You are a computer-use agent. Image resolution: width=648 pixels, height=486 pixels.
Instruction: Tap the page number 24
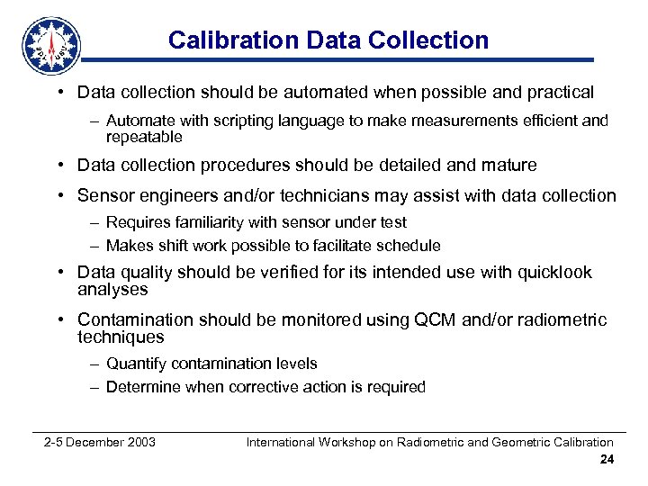[607, 460]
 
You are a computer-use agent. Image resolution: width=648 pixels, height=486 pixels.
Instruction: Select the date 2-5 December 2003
[100, 442]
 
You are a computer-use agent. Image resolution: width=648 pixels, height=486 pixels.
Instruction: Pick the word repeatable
[144, 137]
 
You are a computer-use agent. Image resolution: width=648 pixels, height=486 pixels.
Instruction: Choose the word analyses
[112, 290]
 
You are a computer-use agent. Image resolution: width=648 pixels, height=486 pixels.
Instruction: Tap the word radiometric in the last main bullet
[562, 320]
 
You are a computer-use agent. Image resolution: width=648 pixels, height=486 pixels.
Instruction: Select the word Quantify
[137, 364]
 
